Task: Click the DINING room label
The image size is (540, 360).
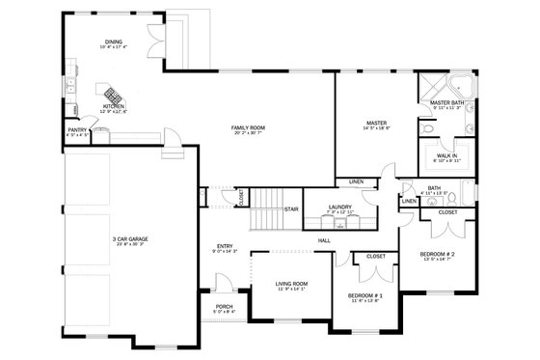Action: click(x=114, y=42)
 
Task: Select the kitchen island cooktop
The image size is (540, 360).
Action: click(x=113, y=94)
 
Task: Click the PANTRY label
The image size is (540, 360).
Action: click(x=78, y=130)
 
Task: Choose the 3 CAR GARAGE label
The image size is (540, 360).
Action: click(x=128, y=238)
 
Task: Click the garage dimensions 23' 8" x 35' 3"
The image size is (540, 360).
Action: click(x=128, y=245)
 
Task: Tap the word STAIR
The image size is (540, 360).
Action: click(x=290, y=208)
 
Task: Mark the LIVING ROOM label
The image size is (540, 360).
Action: click(x=290, y=283)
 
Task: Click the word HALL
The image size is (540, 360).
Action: click(x=324, y=240)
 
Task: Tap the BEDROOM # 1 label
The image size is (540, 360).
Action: click(x=366, y=294)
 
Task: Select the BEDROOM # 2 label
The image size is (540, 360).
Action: click(x=437, y=254)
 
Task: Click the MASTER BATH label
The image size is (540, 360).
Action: click(x=447, y=102)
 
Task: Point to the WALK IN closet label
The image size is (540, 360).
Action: click(x=446, y=154)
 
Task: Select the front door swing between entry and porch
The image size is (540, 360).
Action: click(x=224, y=285)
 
